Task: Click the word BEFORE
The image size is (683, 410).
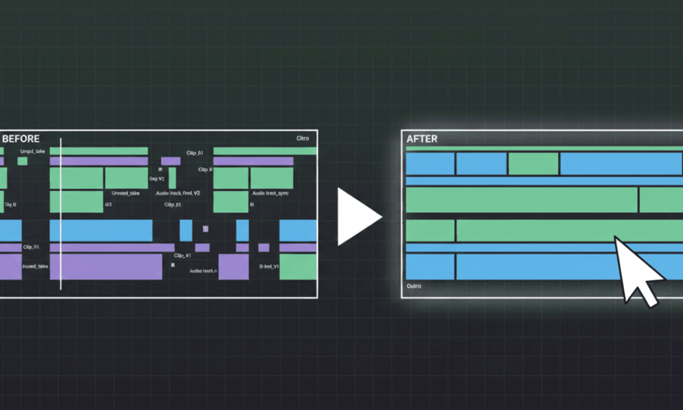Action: (21, 139)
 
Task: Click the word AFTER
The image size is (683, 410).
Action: (422, 139)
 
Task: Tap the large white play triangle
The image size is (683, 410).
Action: (357, 217)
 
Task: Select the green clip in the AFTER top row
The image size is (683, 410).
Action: (533, 163)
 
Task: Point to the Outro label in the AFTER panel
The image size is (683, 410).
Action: (414, 286)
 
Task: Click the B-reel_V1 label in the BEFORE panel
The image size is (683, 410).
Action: (269, 266)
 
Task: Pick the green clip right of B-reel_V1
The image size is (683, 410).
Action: (298, 266)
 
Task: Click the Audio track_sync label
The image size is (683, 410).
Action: (270, 194)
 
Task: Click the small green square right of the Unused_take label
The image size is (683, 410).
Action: (22, 161)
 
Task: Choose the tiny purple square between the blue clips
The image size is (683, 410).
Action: (205, 228)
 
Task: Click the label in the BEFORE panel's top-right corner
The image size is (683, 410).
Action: (303, 138)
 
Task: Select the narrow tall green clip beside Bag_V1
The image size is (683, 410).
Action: (172, 178)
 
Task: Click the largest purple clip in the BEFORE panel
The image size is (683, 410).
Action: (106, 266)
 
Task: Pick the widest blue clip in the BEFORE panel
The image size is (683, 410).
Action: (101, 230)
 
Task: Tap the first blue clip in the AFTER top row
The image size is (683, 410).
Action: (430, 163)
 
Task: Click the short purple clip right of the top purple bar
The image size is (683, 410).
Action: (171, 161)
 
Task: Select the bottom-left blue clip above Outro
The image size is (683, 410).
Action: (430, 266)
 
